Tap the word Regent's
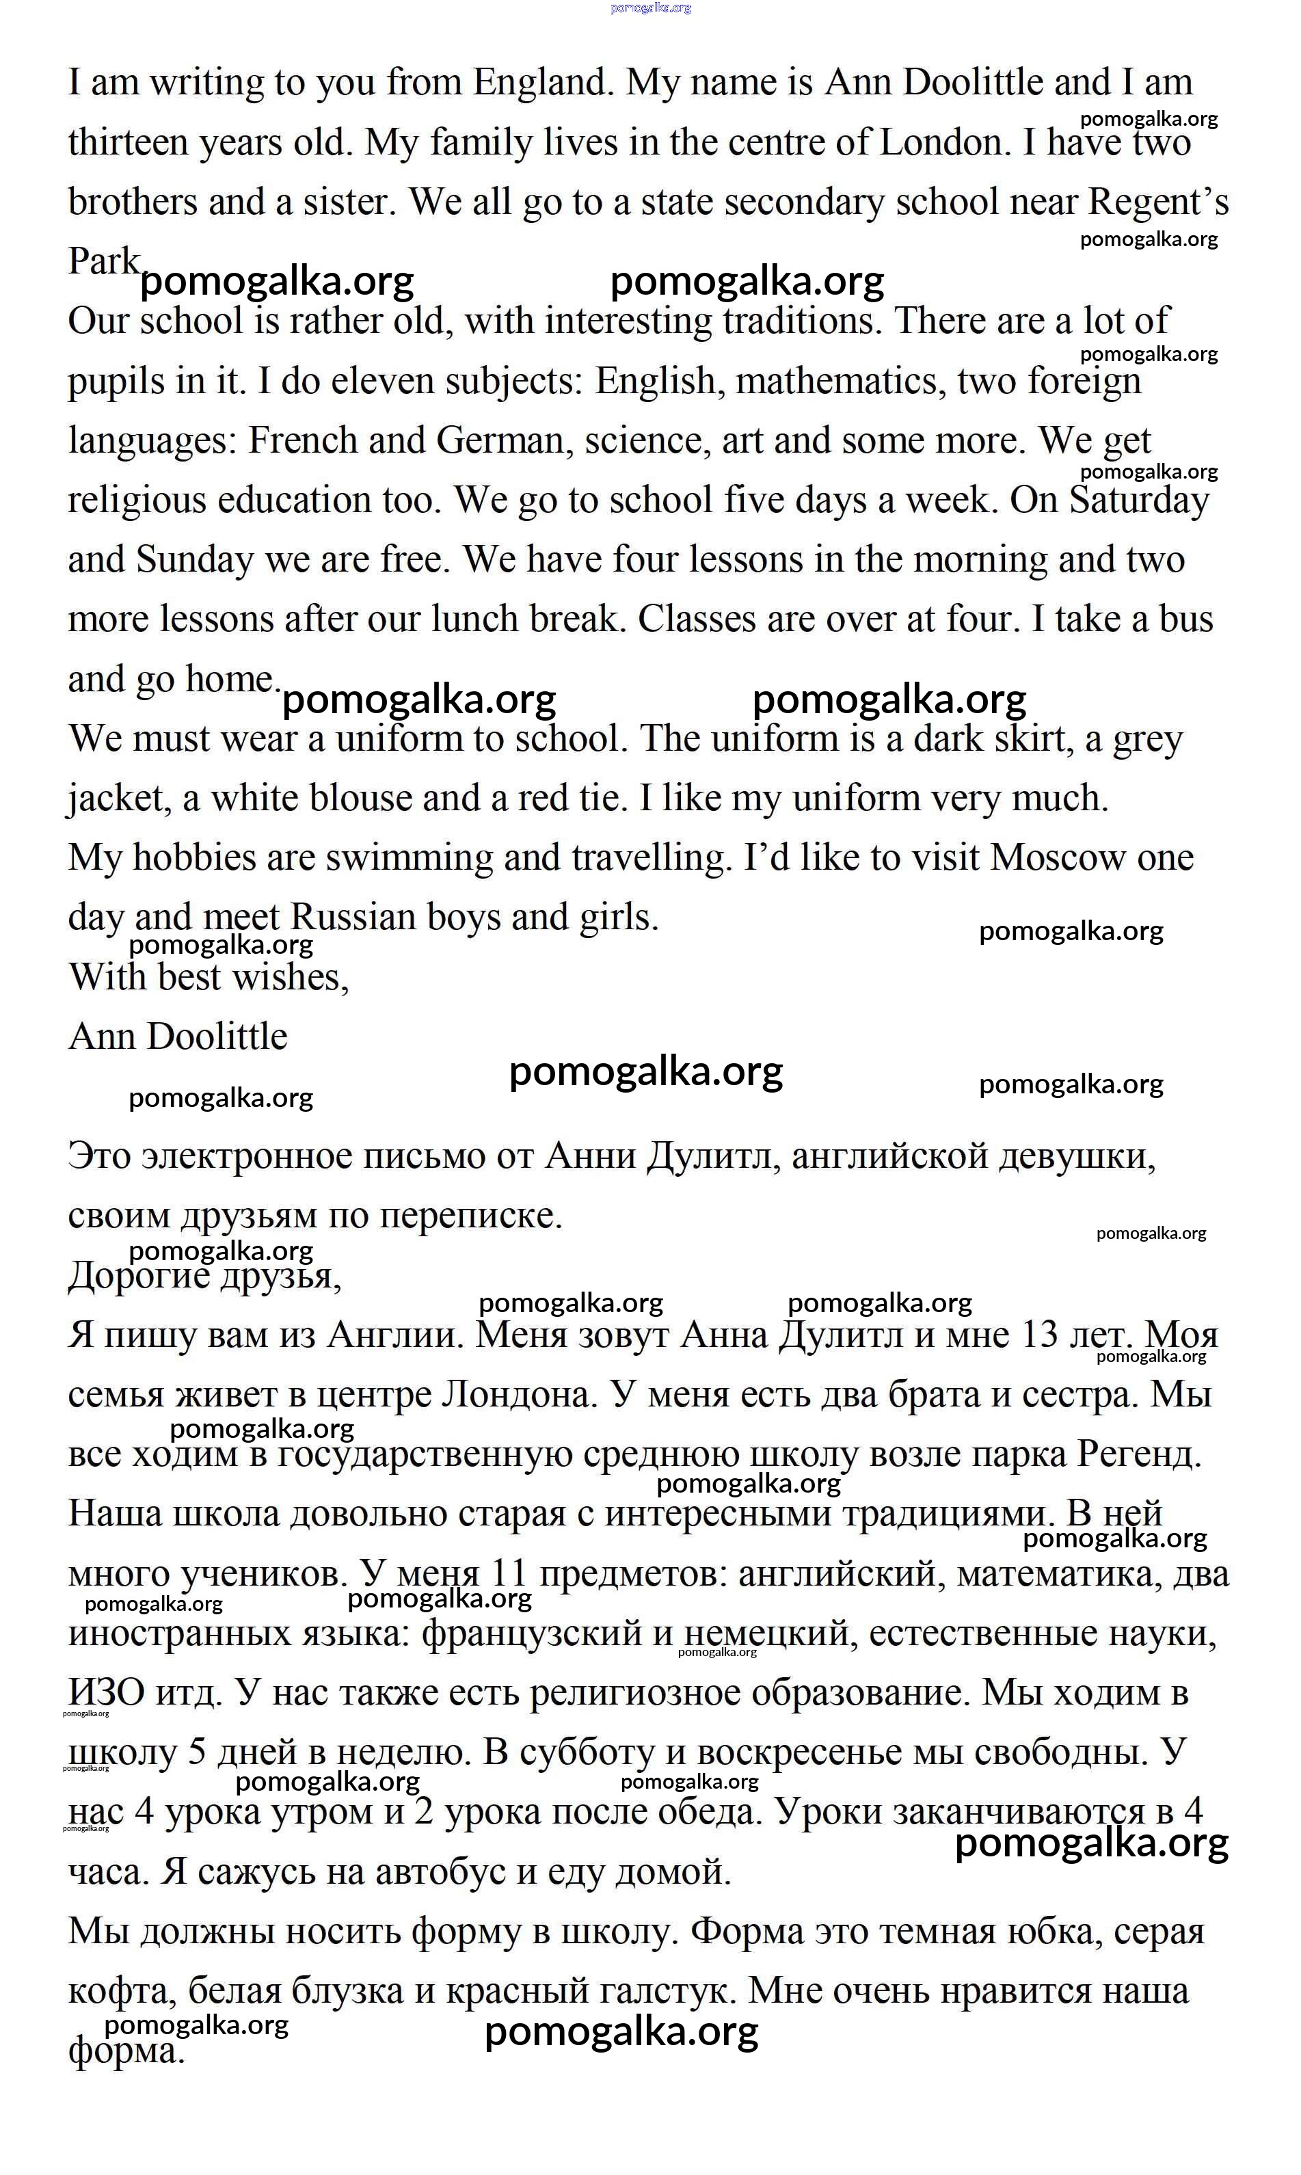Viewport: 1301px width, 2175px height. point(1158,202)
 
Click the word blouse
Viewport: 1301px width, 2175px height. point(360,799)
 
